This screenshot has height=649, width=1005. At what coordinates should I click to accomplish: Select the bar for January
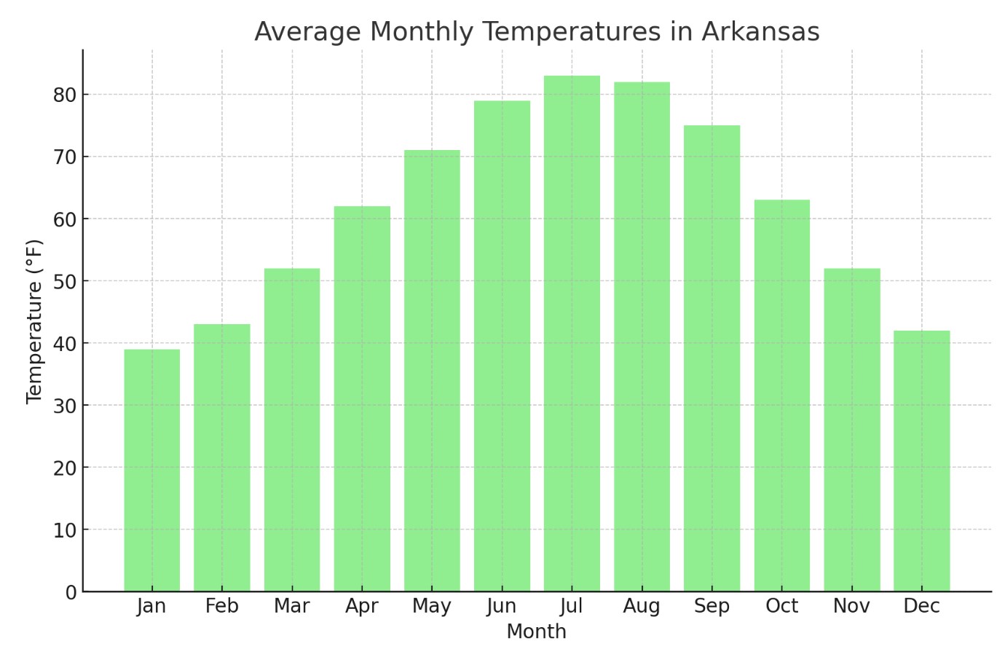coord(151,470)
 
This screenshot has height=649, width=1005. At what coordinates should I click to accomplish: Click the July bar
coord(572,334)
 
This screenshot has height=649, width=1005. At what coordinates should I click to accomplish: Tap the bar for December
coord(921,460)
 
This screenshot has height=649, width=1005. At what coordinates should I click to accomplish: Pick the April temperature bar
coord(362,398)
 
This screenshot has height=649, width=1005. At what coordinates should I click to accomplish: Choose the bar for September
coord(712,358)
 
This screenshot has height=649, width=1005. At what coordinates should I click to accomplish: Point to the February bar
coord(221,457)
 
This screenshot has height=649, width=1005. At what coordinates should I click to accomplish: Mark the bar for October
coord(781,396)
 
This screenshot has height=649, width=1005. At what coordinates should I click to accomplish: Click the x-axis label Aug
coord(642,606)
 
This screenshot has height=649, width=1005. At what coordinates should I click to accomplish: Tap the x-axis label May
coord(432,606)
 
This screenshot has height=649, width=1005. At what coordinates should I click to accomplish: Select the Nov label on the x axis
coord(851,606)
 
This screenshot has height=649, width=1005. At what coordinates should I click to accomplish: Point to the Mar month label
coord(291,606)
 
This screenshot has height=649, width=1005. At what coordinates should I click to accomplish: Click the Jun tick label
coord(502,606)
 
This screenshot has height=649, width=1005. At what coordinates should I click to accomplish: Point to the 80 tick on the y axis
coord(64,95)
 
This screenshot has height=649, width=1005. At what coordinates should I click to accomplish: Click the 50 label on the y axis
coord(64,281)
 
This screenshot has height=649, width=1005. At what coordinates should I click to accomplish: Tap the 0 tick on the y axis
coord(71,592)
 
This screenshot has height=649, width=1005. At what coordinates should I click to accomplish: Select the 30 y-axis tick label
coord(64,406)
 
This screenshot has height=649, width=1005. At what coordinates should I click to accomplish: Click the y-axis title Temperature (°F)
coord(34,321)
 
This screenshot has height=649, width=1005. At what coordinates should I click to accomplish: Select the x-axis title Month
coord(536,632)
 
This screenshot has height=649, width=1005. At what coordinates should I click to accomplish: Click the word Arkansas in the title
coord(760,32)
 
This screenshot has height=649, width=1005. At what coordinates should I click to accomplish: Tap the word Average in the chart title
coord(306,32)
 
